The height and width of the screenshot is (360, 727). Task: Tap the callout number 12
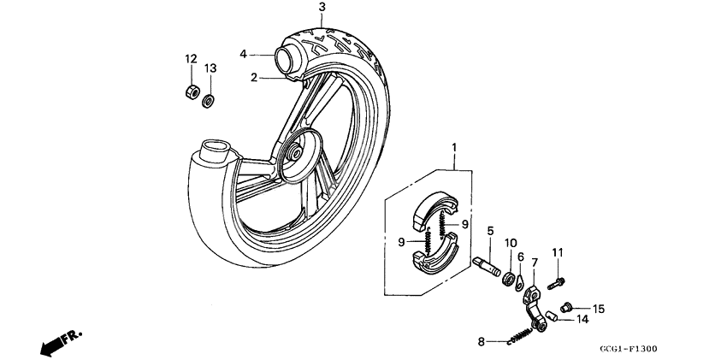click(192, 58)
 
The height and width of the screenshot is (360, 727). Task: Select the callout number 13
click(210, 68)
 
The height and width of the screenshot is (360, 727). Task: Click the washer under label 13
click(208, 101)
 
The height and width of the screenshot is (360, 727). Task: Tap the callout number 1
click(453, 147)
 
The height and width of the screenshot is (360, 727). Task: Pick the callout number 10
click(510, 242)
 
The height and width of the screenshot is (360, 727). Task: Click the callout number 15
click(599, 309)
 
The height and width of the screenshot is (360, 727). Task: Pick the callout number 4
click(243, 53)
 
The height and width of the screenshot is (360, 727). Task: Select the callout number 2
click(254, 78)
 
